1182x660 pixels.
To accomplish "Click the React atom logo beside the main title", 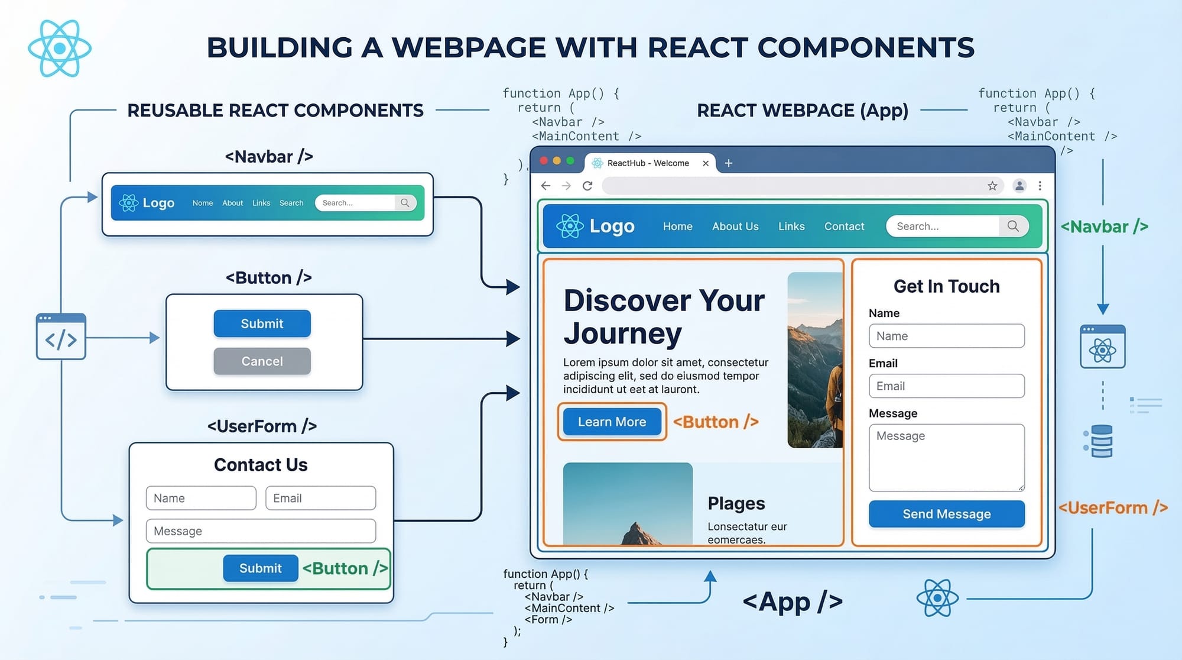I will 60,48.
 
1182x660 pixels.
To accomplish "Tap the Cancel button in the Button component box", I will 262,361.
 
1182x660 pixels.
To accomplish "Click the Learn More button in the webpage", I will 612,422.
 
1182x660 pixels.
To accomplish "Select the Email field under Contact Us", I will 320,498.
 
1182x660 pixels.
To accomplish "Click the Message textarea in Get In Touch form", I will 946,457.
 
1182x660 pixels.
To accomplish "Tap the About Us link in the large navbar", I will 735,226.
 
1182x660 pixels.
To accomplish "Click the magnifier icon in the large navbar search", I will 1013,226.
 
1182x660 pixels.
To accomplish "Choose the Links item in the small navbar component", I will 261,203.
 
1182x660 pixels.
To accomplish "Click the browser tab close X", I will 706,163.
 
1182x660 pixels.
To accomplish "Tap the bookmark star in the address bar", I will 992,186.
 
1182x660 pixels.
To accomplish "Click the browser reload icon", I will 587,186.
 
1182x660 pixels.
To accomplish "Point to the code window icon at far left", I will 61,337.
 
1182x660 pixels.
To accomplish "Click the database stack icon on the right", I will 1101,441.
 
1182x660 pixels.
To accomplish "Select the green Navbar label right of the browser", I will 1104,227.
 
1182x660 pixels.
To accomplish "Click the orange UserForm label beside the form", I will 1112,507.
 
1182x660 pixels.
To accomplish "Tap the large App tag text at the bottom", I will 792,601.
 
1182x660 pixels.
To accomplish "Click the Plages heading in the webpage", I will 736,503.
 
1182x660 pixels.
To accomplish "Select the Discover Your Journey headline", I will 664,316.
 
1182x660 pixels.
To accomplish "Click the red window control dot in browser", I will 544,161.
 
